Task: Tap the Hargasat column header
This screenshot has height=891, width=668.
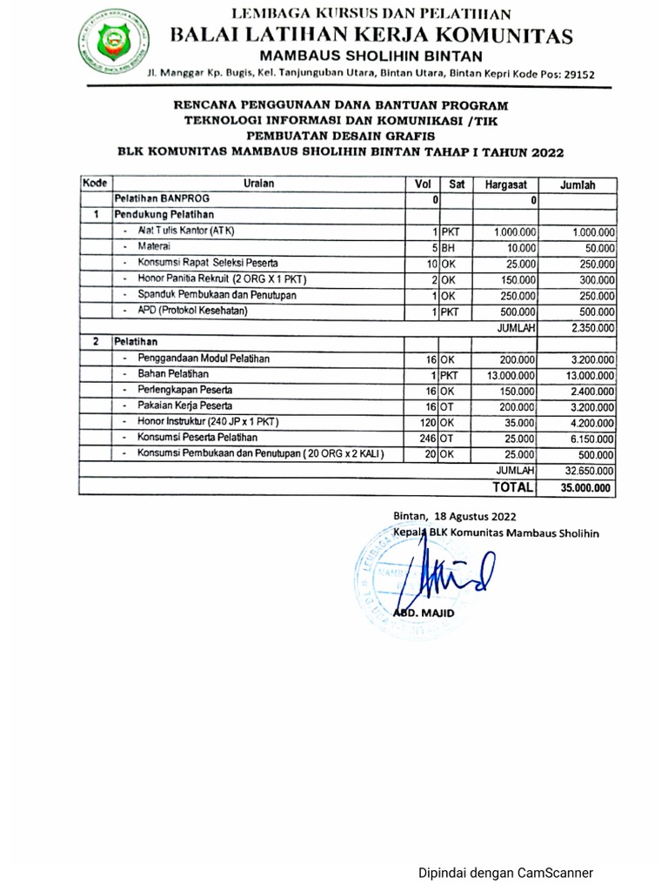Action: click(506, 184)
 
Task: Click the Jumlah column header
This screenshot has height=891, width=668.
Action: click(578, 184)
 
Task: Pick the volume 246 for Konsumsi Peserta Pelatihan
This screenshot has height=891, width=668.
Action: click(427, 439)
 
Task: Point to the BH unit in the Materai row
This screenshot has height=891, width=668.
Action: click(449, 248)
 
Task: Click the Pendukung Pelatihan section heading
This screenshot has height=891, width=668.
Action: click(164, 214)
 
